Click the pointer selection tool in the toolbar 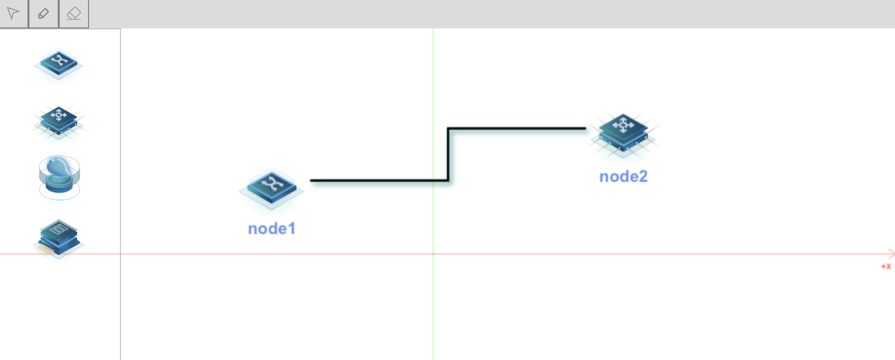tap(13, 13)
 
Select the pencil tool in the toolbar tap(43, 13)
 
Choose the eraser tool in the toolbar tap(73, 13)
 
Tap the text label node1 tap(272, 229)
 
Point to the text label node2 tap(623, 177)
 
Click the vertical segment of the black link tap(448, 154)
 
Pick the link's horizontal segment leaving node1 tap(379, 180)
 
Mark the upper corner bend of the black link tap(448, 128)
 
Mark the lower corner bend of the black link tap(448, 180)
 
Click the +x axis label tap(886, 267)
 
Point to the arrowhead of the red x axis tap(891, 254)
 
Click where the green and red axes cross tap(433, 254)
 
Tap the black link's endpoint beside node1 tap(311, 180)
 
